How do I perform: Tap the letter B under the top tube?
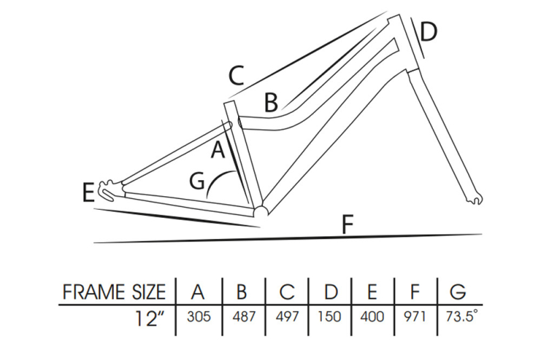[271, 103]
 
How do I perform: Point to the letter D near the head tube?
[429, 31]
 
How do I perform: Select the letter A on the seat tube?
[217, 150]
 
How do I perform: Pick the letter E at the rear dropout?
[87, 193]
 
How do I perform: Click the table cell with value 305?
[197, 317]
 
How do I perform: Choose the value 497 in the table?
[287, 317]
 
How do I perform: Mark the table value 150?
[331, 317]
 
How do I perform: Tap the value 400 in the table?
[373, 317]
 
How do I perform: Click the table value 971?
[415, 317]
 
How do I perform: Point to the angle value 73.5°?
[460, 317]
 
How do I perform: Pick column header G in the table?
[458, 292]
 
